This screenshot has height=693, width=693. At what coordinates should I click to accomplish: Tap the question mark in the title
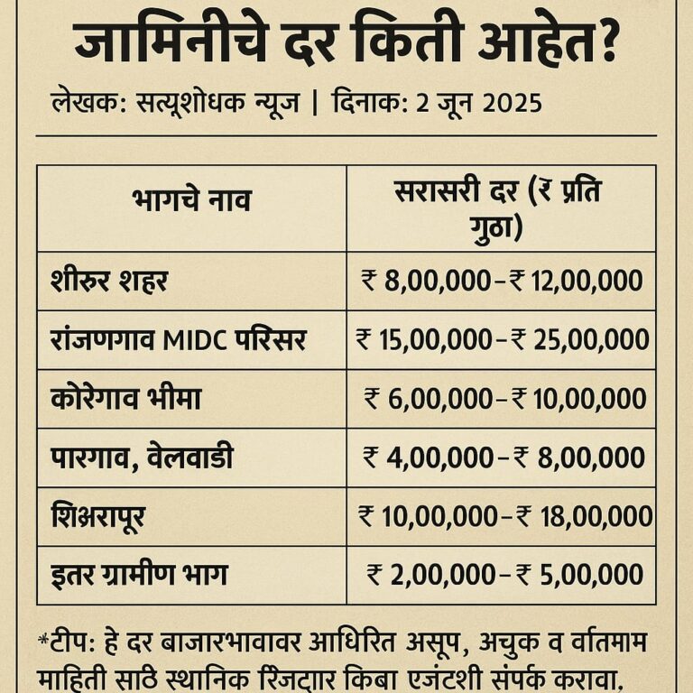point(602,43)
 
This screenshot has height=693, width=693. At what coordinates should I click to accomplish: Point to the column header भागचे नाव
point(191,200)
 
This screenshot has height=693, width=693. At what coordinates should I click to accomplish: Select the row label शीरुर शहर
point(110,282)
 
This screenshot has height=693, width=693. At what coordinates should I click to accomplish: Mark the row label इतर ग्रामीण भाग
point(139,575)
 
